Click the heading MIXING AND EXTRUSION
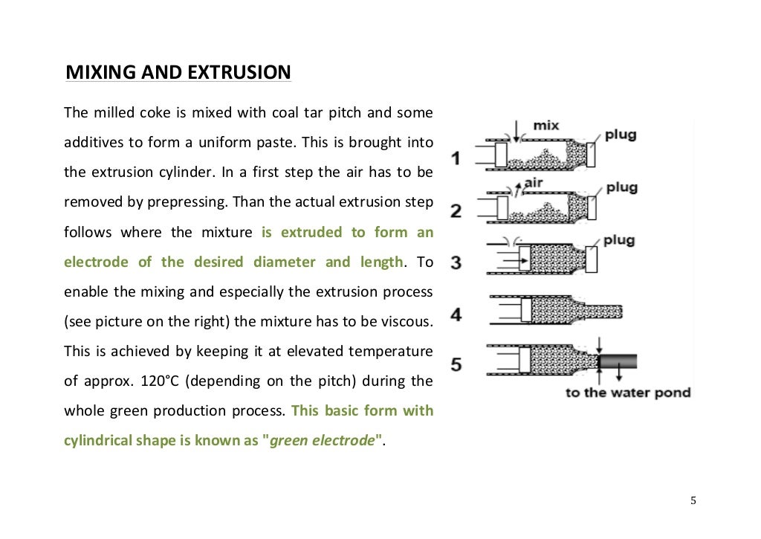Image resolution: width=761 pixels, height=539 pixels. [x=178, y=73]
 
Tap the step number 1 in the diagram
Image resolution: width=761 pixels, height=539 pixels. [x=456, y=158]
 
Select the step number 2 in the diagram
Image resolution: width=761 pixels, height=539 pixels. [x=456, y=210]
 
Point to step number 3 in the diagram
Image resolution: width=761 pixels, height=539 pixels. [x=456, y=262]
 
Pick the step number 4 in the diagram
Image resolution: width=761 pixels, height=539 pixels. [x=456, y=314]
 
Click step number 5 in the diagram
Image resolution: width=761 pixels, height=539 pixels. [x=456, y=365]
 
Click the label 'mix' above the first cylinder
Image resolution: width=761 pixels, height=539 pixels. [x=546, y=126]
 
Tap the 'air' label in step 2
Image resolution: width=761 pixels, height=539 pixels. [x=535, y=182]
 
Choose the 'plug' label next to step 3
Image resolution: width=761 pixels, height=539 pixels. [x=618, y=241]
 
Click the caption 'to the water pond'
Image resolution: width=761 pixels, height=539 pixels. [x=628, y=393]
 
